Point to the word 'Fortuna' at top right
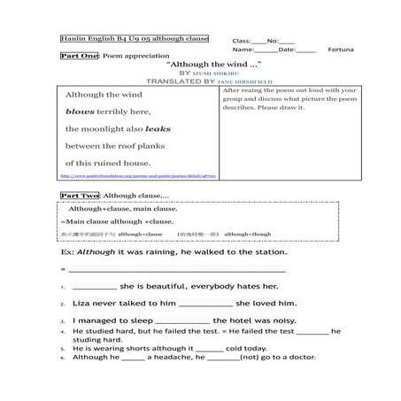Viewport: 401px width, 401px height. tap(341, 50)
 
